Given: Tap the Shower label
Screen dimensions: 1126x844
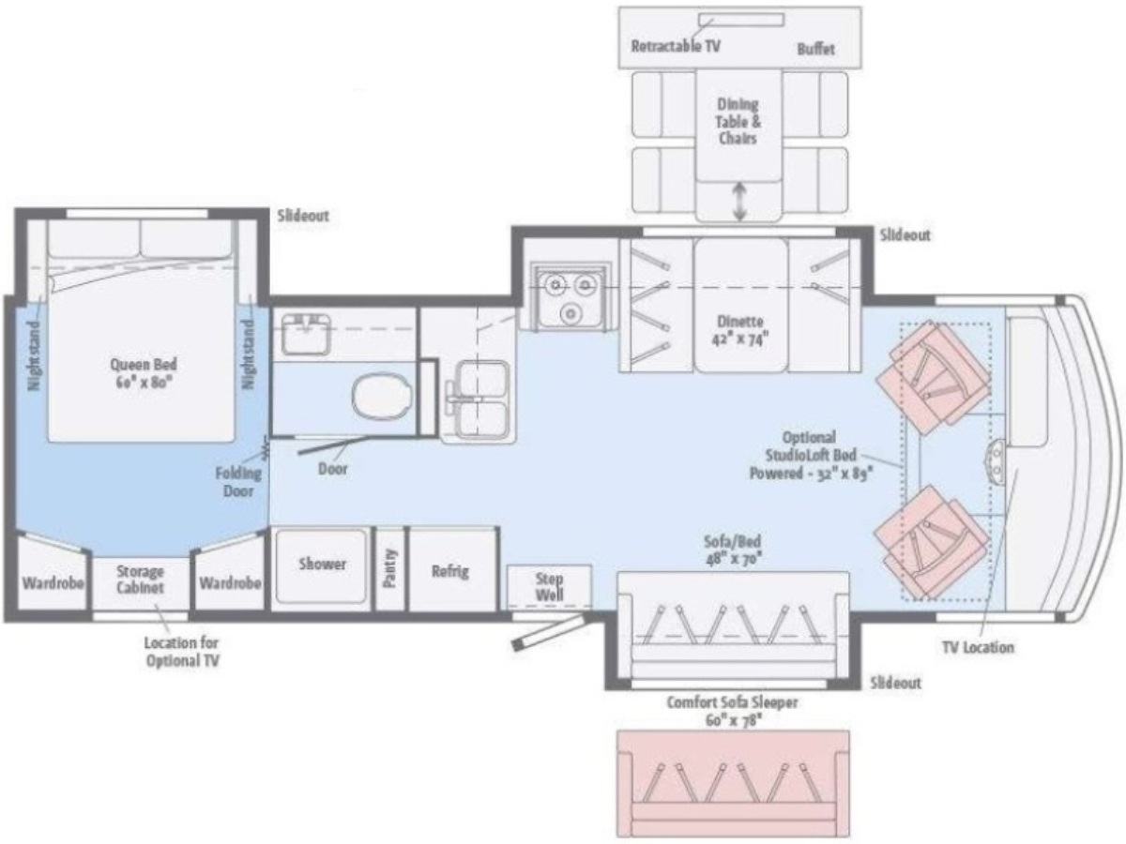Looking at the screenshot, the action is [x=322, y=564].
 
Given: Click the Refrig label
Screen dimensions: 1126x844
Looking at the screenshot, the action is [x=449, y=571].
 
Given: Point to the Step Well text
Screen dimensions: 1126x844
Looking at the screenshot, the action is [x=550, y=587].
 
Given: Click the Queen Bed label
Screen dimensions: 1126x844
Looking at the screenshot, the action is [x=144, y=373].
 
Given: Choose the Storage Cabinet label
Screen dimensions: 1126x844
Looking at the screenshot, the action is [x=140, y=579].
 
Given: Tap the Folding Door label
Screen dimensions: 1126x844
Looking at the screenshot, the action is [x=238, y=482].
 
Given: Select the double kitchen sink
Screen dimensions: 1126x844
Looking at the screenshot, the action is [x=477, y=400].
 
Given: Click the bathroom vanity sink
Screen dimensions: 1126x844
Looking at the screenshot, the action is [x=306, y=334].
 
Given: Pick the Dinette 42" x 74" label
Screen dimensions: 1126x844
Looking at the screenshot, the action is [x=739, y=330].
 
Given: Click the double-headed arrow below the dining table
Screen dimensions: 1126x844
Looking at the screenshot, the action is [x=738, y=202].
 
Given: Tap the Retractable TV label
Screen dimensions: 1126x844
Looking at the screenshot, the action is [x=676, y=46].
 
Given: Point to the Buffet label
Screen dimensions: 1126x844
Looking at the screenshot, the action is [x=815, y=49].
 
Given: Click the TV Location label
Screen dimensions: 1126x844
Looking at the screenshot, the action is [x=978, y=647].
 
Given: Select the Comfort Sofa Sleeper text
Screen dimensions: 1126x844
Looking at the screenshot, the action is [x=732, y=702].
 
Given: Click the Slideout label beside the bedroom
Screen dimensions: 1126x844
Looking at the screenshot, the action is [x=303, y=216].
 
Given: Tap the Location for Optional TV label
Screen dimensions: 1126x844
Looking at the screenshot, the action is [x=182, y=652].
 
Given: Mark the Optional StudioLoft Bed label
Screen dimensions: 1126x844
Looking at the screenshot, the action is [x=811, y=455].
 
